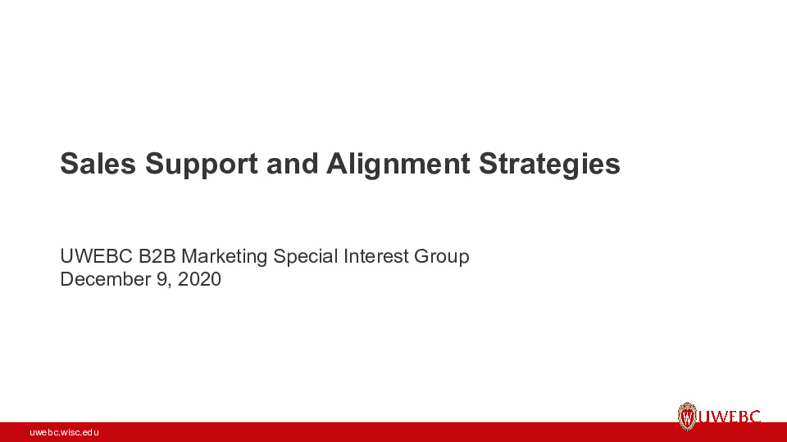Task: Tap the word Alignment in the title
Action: pyautogui.click(x=398, y=165)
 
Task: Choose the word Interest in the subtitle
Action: pyautogui.click(x=375, y=256)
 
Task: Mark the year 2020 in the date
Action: pyautogui.click(x=198, y=279)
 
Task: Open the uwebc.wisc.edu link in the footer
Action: pyautogui.click(x=64, y=431)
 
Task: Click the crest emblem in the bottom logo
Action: pyautogui.click(x=687, y=417)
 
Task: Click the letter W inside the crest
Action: pyautogui.click(x=687, y=418)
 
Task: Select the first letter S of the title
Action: pyautogui.click(x=69, y=164)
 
